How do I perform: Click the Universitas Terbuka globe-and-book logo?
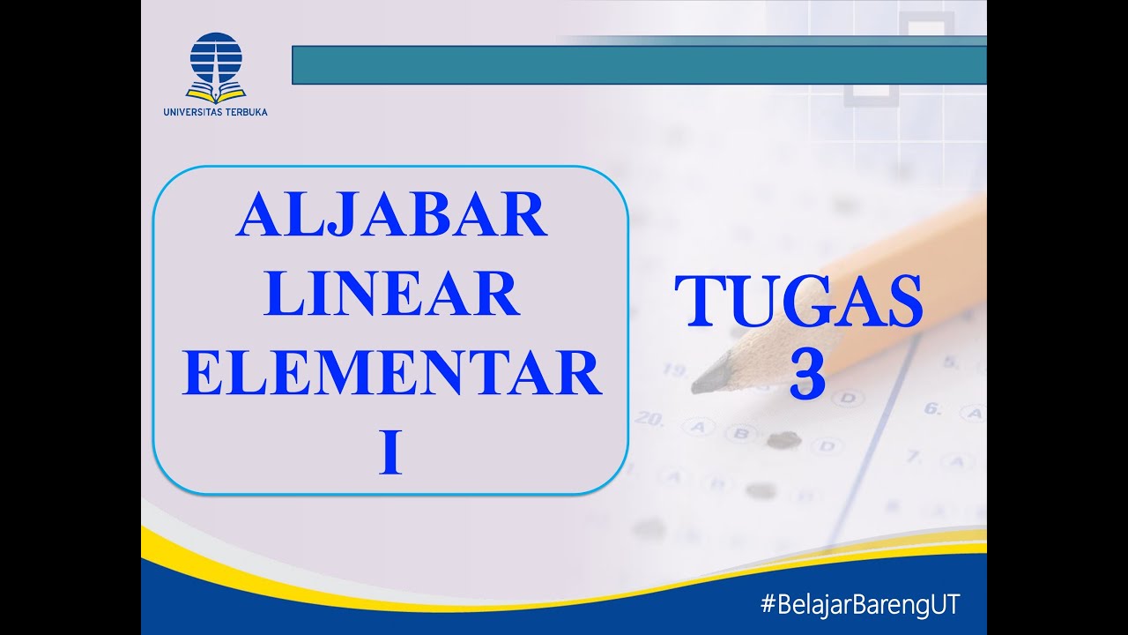215,65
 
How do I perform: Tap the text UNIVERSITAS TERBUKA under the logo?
215,112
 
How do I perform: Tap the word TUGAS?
798,302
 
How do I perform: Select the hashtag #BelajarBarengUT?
859,605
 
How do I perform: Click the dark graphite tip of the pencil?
709,378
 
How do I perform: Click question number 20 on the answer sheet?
649,420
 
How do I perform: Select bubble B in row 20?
741,433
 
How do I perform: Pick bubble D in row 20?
826,445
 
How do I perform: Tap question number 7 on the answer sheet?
914,456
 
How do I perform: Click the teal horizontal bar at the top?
638,64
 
